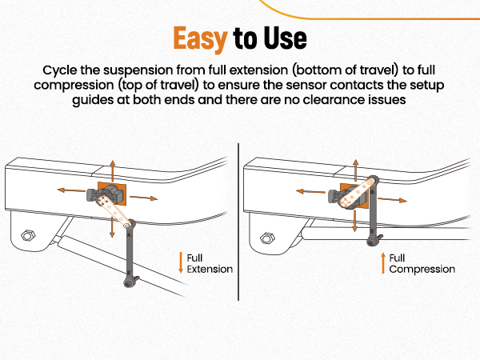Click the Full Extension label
point(209,263)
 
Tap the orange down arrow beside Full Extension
point(181,263)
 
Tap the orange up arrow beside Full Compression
point(382,263)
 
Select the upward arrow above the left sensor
point(111,170)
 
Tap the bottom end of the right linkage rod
point(372,239)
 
